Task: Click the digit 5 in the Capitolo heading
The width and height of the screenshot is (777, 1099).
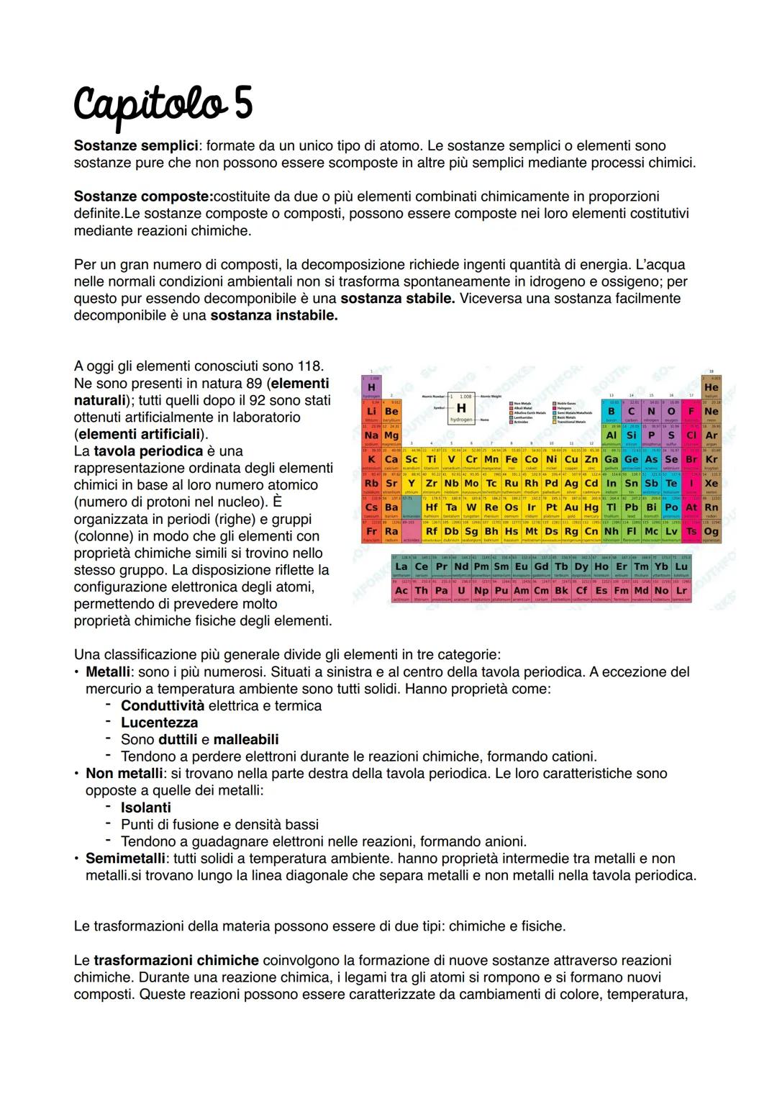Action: (x=241, y=104)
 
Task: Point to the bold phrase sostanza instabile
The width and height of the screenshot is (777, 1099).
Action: (x=273, y=316)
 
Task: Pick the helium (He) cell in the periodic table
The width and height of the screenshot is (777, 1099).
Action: (x=712, y=387)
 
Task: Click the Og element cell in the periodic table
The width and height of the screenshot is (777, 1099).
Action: (x=712, y=532)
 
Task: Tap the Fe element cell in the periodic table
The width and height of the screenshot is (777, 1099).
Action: (x=512, y=459)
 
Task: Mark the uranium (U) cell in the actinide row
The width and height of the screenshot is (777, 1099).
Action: (x=461, y=591)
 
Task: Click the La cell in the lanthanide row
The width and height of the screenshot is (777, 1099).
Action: (x=401, y=567)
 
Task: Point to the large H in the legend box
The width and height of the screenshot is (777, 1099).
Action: (x=461, y=408)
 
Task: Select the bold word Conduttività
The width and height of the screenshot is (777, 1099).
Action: (x=163, y=706)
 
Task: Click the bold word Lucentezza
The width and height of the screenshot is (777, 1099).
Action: (x=159, y=723)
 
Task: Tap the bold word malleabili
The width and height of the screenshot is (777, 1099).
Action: (x=246, y=740)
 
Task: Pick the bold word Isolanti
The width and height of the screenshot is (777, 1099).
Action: (x=146, y=808)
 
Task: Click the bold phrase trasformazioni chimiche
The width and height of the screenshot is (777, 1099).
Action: (x=176, y=961)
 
